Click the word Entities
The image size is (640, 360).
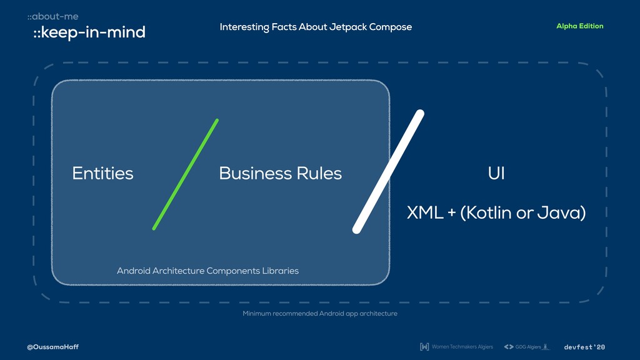click(102, 173)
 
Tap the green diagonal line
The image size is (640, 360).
click(185, 174)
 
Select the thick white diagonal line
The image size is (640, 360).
click(388, 172)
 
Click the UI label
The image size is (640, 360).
click(496, 173)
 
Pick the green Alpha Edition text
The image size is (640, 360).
click(579, 26)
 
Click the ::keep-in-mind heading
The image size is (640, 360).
click(89, 32)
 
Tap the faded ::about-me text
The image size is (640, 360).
click(52, 16)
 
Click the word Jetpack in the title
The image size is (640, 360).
click(347, 27)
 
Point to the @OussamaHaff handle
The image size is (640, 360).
click(52, 347)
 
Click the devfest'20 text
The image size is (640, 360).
click(584, 347)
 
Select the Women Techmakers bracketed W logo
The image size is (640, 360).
click(424, 347)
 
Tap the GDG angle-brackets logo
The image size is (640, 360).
click(508, 347)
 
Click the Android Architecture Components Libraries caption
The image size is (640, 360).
click(207, 271)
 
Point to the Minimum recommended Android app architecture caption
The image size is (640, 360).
click(320, 313)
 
